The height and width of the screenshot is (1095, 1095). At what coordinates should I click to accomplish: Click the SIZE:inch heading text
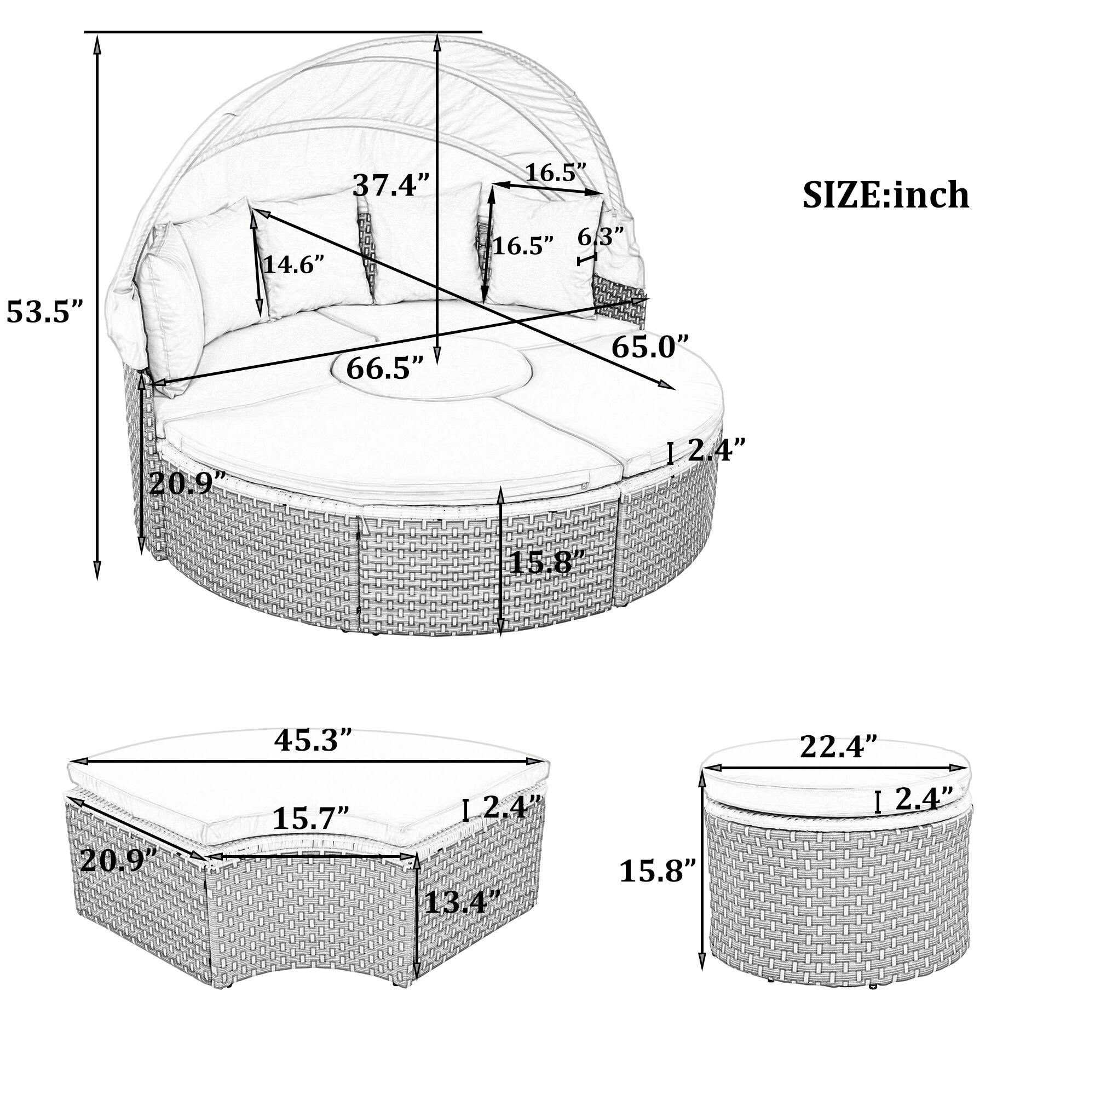click(x=885, y=195)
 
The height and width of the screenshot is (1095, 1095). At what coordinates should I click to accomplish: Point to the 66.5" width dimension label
click(x=385, y=368)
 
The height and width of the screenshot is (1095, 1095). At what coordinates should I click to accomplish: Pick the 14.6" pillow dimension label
click(x=293, y=264)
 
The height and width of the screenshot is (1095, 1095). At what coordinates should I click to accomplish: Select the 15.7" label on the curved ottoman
click(x=310, y=818)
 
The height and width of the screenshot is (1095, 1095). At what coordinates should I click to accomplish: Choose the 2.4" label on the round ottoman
click(x=924, y=799)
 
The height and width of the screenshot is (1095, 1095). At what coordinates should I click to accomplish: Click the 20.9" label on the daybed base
click(x=188, y=483)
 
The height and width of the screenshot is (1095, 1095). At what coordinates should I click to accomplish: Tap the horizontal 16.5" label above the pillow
click(x=555, y=172)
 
